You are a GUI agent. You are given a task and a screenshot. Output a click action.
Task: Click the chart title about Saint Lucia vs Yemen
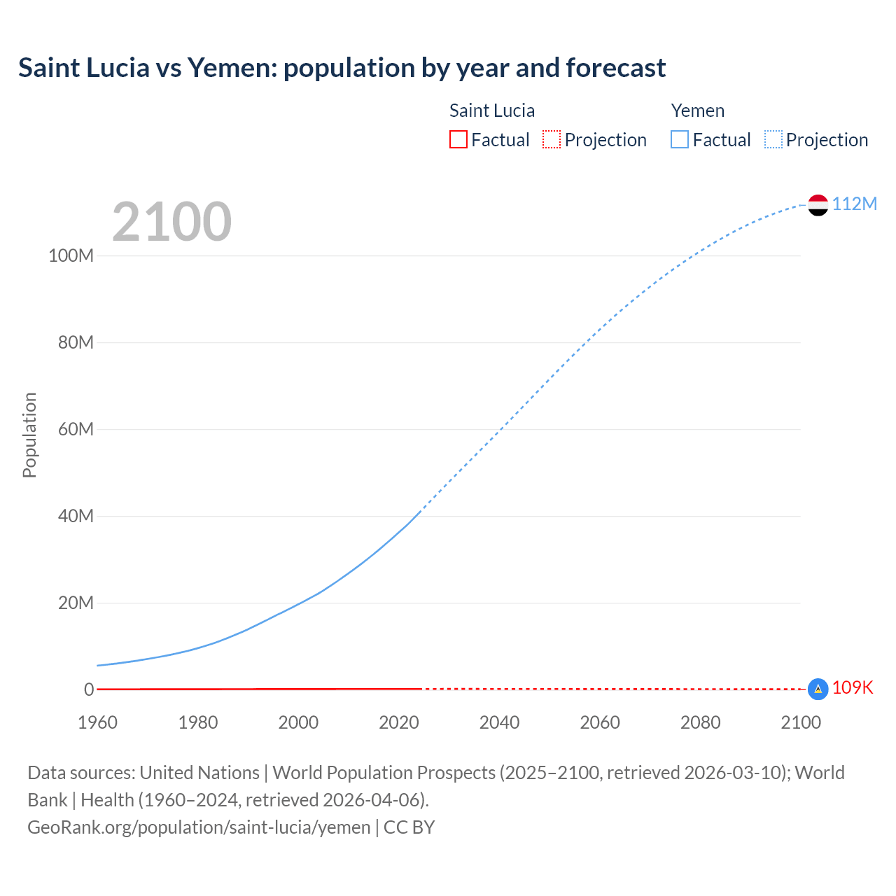[x=342, y=68]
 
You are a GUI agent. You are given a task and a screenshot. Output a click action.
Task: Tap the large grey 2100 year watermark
[x=171, y=221]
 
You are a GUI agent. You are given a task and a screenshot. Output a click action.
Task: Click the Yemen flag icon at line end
[x=818, y=205]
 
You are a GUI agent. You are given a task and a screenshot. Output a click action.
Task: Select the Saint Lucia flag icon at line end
[x=818, y=689]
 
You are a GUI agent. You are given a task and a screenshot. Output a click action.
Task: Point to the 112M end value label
[x=854, y=204]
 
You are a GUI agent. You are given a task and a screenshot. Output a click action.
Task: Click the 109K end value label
[x=853, y=687]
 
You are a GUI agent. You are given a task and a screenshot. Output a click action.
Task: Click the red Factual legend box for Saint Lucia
[x=458, y=139]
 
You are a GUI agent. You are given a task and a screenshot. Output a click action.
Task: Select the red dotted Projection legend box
[x=552, y=139]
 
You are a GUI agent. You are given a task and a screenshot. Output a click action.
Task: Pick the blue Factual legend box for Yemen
[x=680, y=139]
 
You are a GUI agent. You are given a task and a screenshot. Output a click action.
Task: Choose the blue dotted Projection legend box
[x=773, y=139]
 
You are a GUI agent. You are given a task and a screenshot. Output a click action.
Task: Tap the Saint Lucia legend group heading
[x=492, y=111]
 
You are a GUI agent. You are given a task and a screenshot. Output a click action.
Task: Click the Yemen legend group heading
[x=697, y=111]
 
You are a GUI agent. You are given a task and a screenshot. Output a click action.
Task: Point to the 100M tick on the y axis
[x=71, y=255]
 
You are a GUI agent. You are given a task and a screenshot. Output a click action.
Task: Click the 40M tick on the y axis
[x=76, y=516]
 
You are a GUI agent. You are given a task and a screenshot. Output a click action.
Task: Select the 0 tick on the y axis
[x=89, y=689]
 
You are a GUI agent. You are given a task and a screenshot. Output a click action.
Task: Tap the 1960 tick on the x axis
[x=97, y=722]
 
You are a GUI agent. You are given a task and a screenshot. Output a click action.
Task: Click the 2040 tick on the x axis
[x=499, y=722]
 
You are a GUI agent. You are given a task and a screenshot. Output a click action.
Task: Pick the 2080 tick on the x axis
[x=700, y=722]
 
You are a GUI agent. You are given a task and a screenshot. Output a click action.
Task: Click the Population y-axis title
[x=29, y=435]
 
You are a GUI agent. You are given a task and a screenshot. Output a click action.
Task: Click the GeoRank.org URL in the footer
[x=199, y=827]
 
